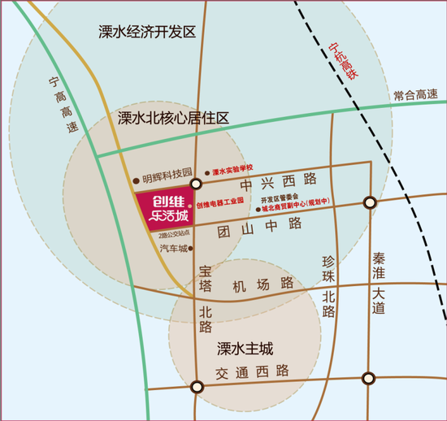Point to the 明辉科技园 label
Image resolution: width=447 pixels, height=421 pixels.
click(167, 174)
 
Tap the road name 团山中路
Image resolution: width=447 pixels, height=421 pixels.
click(259, 223)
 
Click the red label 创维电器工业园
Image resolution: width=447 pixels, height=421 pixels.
click(220, 206)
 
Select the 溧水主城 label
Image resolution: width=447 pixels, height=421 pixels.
click(245, 349)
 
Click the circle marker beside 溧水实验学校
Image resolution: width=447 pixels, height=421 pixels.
click(195, 184)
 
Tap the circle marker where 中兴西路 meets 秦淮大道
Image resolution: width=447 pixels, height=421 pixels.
click(370, 202)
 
